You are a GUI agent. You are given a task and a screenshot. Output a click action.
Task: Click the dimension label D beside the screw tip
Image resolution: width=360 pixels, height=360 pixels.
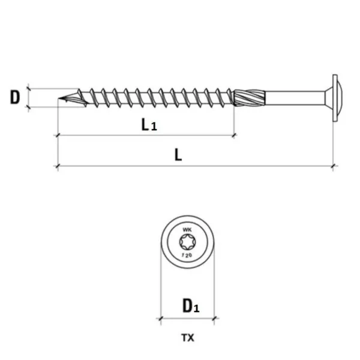click(15, 97)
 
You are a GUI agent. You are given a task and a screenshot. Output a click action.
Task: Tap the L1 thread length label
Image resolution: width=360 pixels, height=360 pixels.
click(149, 125)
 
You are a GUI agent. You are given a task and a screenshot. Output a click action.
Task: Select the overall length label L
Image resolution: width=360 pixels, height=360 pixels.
click(178, 155)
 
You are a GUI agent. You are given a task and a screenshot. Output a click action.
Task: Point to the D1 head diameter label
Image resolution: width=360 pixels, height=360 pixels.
click(191, 305)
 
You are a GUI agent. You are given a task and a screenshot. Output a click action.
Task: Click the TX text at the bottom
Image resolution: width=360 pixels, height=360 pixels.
click(188, 338)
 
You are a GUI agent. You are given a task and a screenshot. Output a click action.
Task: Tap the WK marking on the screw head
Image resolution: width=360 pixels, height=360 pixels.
click(187, 230)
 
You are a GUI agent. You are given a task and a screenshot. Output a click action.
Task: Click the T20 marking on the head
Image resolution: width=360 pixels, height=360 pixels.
click(187, 255)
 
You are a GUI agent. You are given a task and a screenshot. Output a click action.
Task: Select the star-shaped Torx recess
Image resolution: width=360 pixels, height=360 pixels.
click(187, 242)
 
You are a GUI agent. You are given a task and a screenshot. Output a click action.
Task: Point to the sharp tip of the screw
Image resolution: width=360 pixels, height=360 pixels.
click(58, 98)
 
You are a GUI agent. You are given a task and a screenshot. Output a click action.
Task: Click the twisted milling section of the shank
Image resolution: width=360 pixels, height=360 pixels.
click(250, 98)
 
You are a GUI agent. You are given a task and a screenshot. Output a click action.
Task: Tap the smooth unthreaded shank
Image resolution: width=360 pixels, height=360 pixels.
click(295, 98)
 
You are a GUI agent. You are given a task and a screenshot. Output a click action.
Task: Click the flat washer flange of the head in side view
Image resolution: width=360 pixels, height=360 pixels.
click(335, 98)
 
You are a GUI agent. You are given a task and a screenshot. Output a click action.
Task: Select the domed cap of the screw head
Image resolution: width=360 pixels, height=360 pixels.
click(340, 95)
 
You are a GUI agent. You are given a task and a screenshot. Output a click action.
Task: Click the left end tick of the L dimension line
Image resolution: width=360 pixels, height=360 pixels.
click(58, 166)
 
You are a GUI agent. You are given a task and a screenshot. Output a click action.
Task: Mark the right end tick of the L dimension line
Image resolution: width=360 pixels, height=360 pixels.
click(333, 166)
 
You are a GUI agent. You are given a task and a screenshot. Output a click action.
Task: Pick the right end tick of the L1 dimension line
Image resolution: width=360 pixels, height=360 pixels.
click(234, 136)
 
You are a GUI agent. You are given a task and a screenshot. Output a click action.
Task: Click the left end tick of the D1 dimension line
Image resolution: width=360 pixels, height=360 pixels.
click(160, 319)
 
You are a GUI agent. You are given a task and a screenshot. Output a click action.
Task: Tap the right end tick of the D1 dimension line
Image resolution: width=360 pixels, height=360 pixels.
click(214, 319)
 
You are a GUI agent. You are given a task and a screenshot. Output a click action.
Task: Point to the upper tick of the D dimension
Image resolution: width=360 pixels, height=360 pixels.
click(28, 88)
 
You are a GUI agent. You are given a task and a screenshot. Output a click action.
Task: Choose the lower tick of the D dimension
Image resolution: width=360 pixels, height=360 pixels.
click(28, 107)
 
